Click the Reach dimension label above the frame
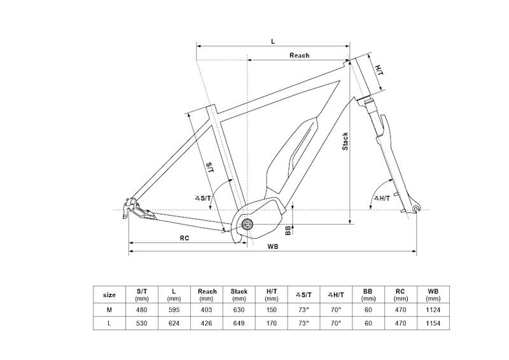pos(299,55)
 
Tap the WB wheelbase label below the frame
pos(273,246)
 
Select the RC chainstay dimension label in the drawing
pos(184,238)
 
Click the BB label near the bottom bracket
pos(288,230)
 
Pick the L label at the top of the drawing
pos(273,41)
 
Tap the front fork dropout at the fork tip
pos(415,208)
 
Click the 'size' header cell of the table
pos(109,295)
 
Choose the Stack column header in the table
pos(239,294)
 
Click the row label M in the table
pos(109,310)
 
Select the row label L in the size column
pos(109,323)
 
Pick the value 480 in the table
pos(142,310)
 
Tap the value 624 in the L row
pos(174,323)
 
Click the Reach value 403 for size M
pos(207,310)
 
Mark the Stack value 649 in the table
pos(239,323)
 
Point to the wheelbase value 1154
pos(433,323)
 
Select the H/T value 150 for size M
pos(271,310)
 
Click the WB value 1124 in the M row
pos(433,310)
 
